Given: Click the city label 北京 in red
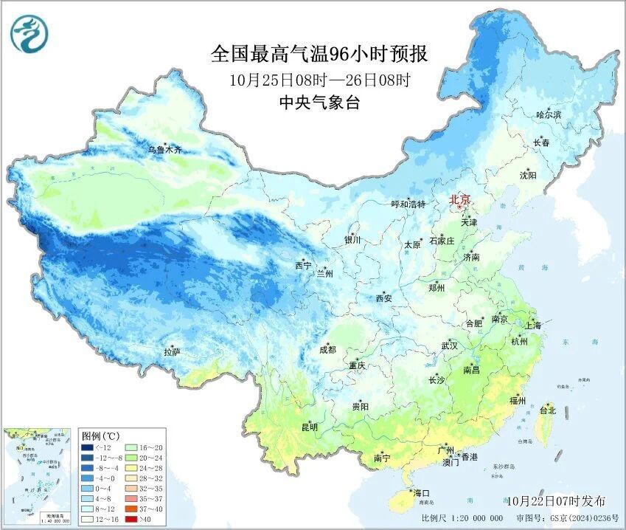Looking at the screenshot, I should pyautogui.click(x=459, y=199).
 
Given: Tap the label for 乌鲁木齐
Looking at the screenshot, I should pyautogui.click(x=164, y=150).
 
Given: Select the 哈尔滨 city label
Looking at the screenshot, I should pyautogui.click(x=549, y=115).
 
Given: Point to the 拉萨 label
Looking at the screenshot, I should pyautogui.click(x=172, y=354).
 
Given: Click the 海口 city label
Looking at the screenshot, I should pyautogui.click(x=421, y=493).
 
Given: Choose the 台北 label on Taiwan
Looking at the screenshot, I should pyautogui.click(x=548, y=410).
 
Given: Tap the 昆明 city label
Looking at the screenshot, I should pyautogui.click(x=309, y=427).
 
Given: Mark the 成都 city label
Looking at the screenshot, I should pyautogui.click(x=327, y=350).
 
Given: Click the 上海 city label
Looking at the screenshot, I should pyautogui.click(x=532, y=326).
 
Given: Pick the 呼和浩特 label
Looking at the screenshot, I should pyautogui.click(x=408, y=204).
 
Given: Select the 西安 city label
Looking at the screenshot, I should pyautogui.click(x=384, y=299).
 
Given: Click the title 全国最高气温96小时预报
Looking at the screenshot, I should pyautogui.click(x=319, y=54).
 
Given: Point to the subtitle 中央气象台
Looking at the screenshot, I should pyautogui.click(x=319, y=103).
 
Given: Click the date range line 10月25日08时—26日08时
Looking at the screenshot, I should pyautogui.click(x=319, y=79).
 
